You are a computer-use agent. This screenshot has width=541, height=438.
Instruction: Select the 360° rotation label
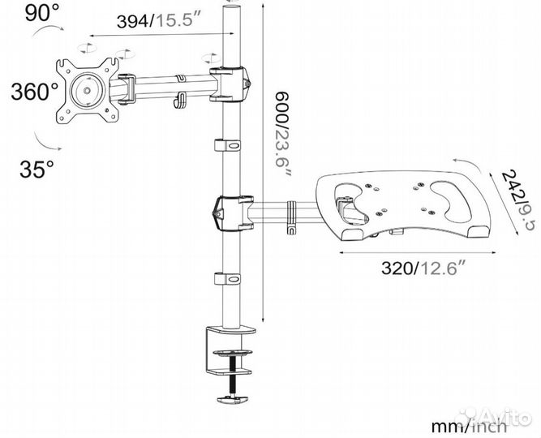33,91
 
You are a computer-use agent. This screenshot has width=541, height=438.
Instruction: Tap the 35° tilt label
37,170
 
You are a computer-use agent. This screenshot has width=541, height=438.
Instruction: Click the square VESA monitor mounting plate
87,90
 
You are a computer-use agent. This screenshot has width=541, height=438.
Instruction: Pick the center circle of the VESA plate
85,90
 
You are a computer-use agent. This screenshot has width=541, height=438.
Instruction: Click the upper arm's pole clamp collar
229,83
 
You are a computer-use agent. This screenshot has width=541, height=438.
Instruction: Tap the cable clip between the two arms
228,145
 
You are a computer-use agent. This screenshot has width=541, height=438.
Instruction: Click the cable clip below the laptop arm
228,278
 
